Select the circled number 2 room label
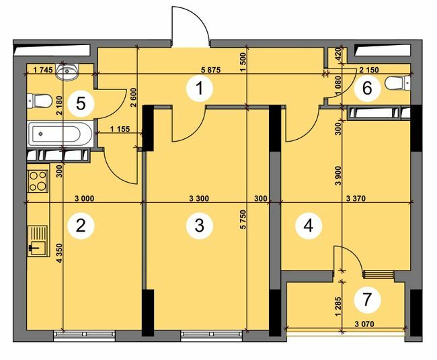click(x=81, y=226)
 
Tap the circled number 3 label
click(x=198, y=226)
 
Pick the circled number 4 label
click(x=308, y=226)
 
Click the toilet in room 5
click(x=40, y=101)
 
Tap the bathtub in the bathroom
click(x=56, y=134)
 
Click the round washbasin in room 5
click(x=69, y=69)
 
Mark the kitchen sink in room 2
click(x=36, y=240)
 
